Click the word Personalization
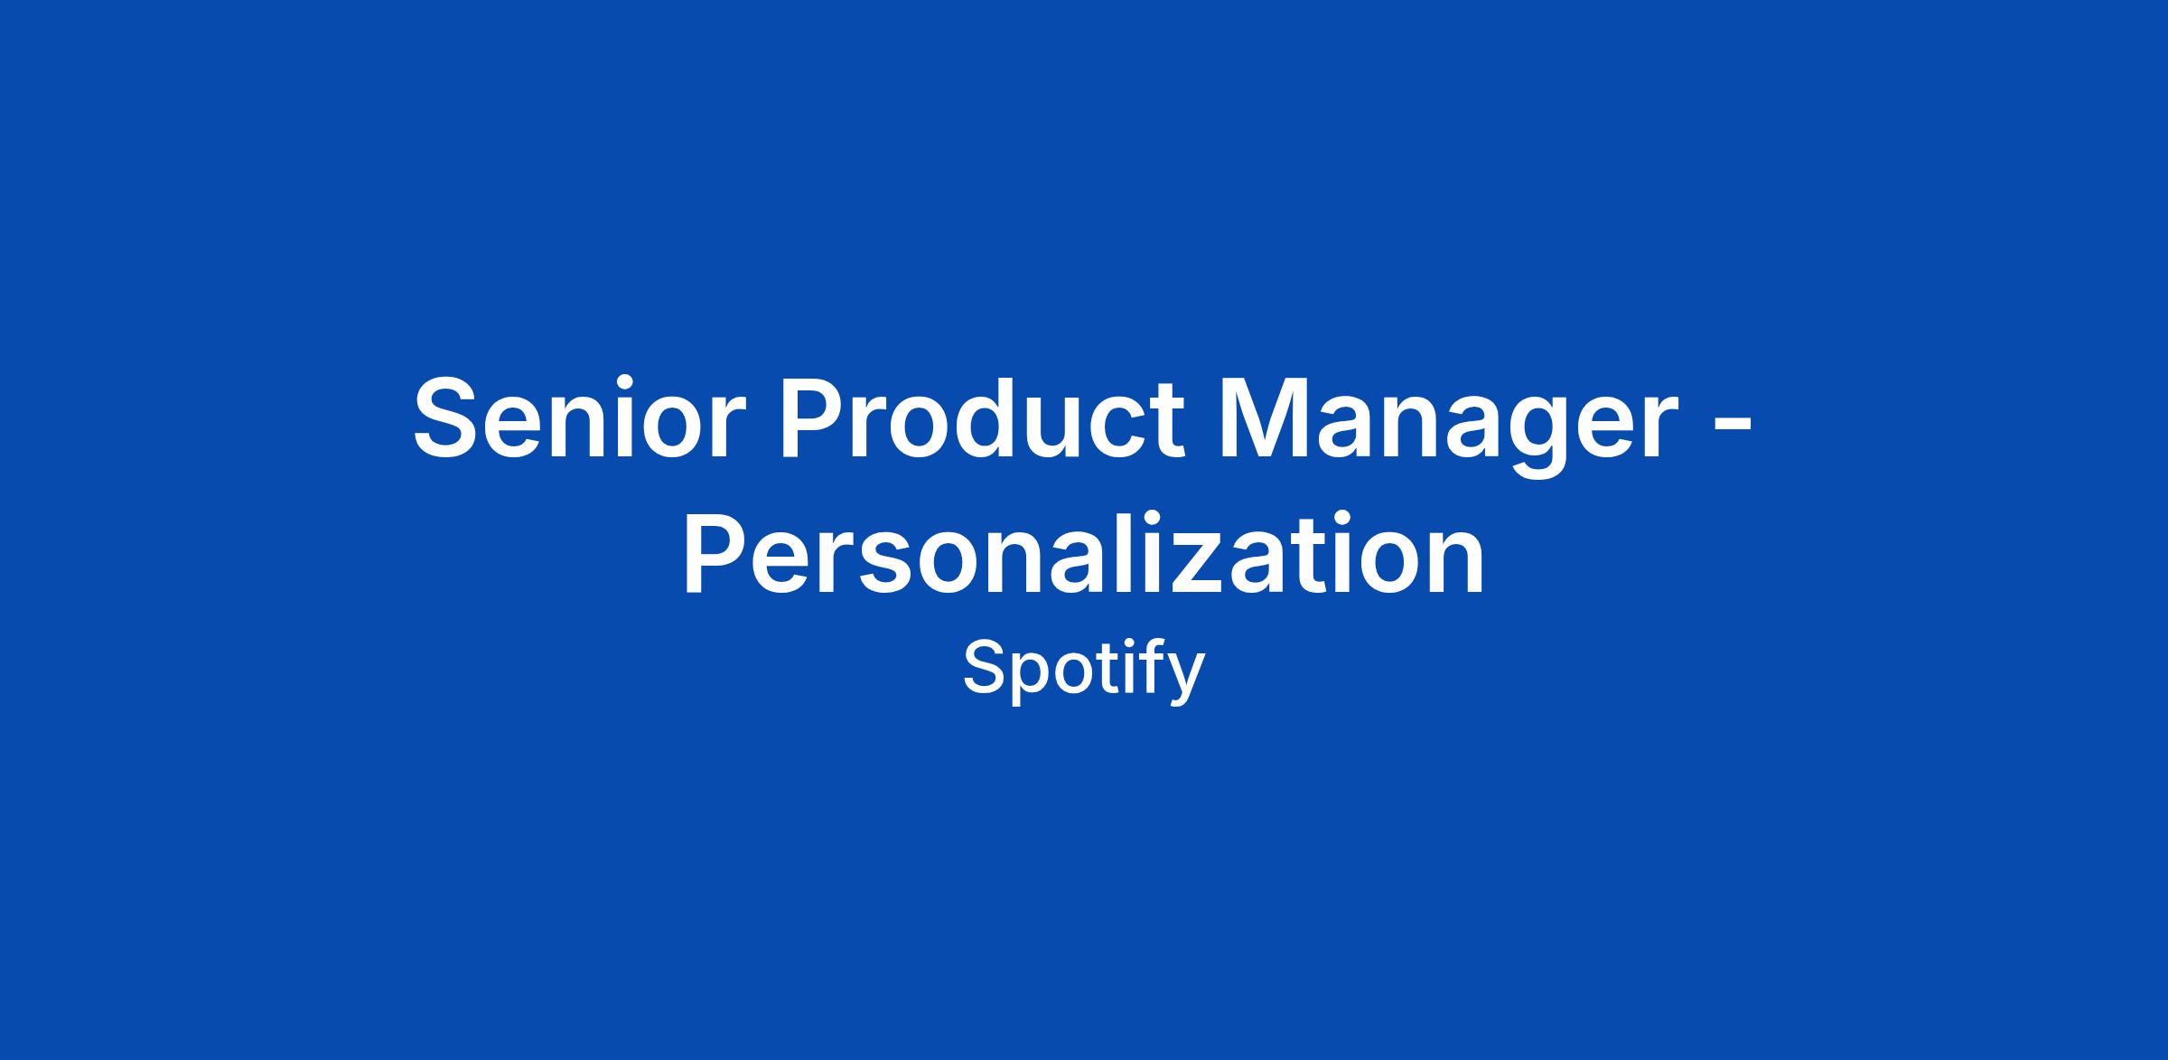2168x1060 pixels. (x=1084, y=553)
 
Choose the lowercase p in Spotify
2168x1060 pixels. (x=1029, y=679)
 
